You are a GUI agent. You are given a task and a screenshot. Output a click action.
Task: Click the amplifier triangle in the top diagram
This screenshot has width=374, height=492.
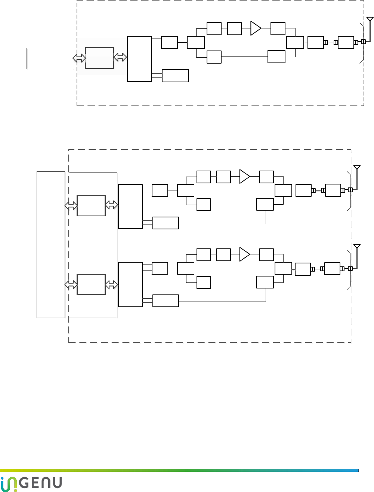(255, 28)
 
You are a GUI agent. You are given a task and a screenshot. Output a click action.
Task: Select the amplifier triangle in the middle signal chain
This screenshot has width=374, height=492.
(244, 177)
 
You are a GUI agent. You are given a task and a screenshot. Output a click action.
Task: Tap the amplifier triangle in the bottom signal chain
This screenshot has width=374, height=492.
(244, 254)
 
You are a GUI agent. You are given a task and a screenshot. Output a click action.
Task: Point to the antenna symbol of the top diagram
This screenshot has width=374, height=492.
(370, 19)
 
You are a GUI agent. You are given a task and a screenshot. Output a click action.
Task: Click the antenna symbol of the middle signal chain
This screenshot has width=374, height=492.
(357, 167)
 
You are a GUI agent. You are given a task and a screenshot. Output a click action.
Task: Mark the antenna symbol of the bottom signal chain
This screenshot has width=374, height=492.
(357, 246)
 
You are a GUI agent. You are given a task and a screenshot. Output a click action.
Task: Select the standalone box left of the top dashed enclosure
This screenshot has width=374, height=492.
(50, 58)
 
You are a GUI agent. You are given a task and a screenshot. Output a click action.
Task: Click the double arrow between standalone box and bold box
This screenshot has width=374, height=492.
(79, 58)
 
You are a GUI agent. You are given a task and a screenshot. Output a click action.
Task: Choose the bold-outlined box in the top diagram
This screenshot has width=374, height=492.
(99, 58)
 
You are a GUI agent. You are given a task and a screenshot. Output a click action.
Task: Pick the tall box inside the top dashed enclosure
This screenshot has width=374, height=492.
(139, 59)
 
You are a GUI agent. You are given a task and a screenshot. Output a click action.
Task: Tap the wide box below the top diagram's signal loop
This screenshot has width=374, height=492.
(175, 76)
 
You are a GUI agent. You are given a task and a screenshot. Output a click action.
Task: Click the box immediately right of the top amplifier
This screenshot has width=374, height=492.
(278, 29)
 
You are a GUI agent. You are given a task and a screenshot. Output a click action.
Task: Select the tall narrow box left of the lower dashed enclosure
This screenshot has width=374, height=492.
(51, 245)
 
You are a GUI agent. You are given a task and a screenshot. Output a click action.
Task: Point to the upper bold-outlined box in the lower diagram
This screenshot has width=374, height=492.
(91, 205)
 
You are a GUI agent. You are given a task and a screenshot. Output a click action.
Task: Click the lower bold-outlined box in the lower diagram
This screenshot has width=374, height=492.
(91, 285)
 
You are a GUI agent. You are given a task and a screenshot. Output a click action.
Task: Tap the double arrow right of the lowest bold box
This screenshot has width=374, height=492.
(111, 285)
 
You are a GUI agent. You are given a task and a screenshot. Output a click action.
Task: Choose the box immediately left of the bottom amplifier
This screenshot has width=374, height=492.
(223, 255)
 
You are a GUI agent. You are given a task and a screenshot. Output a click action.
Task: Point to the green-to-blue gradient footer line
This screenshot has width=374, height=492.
(179, 470)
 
